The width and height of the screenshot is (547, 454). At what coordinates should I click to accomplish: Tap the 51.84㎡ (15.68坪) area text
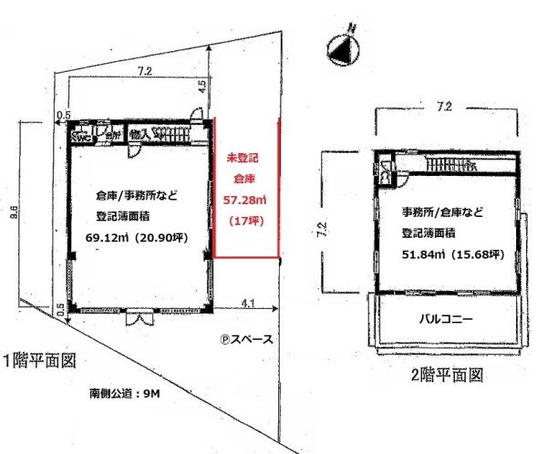point(452,254)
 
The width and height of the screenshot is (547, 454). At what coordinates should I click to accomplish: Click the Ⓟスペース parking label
point(246,338)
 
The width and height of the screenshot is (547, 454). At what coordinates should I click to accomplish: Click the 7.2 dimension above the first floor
point(142,71)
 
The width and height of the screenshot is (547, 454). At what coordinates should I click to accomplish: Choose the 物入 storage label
point(139,134)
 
